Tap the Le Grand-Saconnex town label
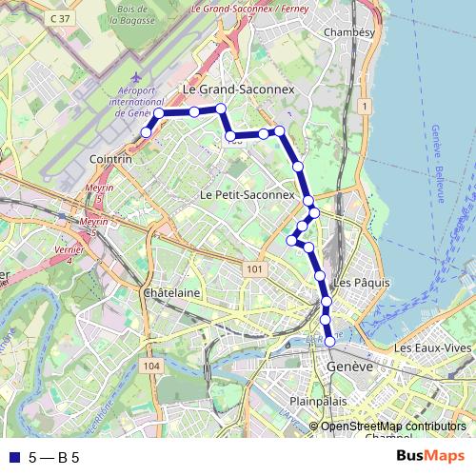click(239, 89)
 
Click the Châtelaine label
click(171, 293)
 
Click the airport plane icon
click(135, 76)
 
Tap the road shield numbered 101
click(253, 270)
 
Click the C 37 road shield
click(62, 18)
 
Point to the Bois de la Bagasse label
click(138, 13)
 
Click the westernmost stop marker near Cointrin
click(146, 132)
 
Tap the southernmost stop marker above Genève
click(330, 341)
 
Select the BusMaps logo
click(430, 457)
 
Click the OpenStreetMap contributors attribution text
click(393, 426)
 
